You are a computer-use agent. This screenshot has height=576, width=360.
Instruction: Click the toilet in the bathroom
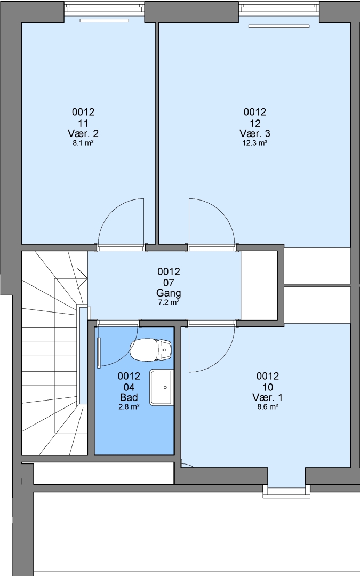pos(151,350)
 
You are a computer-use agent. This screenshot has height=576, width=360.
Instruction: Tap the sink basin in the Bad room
pos(161,388)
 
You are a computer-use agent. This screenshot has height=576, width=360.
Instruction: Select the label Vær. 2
pos(83,133)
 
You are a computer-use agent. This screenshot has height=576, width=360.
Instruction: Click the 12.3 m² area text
pos(254,143)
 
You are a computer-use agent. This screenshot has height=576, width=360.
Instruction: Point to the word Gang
pos(169,293)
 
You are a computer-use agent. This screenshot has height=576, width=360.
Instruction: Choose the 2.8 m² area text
pos(129,406)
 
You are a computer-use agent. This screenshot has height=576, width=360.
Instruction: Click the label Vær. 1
pos(268,397)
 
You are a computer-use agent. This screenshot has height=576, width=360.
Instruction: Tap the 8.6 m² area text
pos(267,406)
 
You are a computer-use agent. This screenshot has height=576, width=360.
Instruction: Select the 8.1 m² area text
pos(83,143)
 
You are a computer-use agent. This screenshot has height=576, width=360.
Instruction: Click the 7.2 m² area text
pos(169,303)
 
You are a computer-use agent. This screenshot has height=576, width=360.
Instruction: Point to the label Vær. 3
pos(255,133)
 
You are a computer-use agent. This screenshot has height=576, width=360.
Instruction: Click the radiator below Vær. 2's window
pos(105,21)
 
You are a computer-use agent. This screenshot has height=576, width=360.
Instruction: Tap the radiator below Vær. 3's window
pos(279,26)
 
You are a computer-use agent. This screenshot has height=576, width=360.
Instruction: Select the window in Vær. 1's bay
pos(286,492)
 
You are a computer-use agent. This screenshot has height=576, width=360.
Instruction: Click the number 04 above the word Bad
pos(129,387)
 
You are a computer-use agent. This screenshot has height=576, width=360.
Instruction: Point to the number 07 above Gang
pos(169,283)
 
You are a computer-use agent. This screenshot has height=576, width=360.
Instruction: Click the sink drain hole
pos(165,388)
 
